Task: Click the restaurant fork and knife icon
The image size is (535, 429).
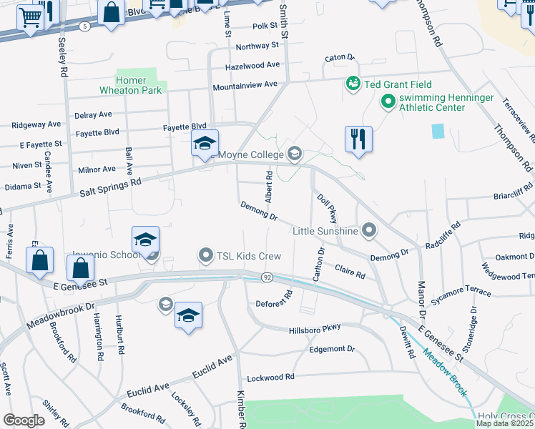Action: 358,139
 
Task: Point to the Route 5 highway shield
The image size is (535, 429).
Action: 85,26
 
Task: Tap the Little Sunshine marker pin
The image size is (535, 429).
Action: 368,230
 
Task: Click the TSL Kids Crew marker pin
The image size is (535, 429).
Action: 206,255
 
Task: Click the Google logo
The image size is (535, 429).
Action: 24,420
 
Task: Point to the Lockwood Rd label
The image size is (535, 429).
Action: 270,377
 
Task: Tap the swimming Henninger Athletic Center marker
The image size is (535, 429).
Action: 388,102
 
